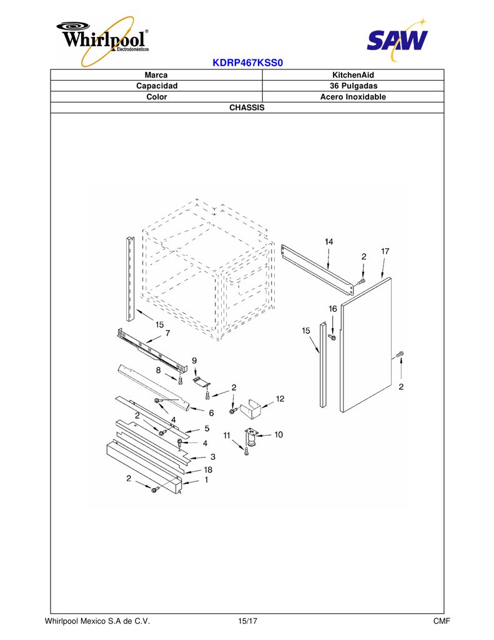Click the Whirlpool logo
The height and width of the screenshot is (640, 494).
[103, 41]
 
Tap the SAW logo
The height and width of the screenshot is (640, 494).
[397, 39]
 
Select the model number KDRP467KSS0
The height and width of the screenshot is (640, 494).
[247, 63]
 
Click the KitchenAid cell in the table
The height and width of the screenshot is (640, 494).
[353, 75]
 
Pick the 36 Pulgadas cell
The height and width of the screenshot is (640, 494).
[353, 86]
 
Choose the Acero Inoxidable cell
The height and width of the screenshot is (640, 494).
[353, 97]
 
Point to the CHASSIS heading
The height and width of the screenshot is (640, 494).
[247, 107]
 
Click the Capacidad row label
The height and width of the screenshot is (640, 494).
[157, 86]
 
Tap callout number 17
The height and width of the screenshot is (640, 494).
[385, 251]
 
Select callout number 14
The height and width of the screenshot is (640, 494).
[329, 242]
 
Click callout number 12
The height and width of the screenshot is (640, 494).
[280, 398]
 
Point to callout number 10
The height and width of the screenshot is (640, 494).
[278, 434]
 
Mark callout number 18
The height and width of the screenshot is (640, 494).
[208, 469]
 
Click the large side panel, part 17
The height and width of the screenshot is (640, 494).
[366, 345]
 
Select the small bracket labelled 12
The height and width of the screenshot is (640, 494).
[251, 409]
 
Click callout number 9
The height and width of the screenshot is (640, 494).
[194, 361]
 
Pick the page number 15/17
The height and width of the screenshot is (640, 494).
[247, 621]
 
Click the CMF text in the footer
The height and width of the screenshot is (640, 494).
[442, 621]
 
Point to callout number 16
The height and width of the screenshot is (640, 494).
[333, 309]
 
